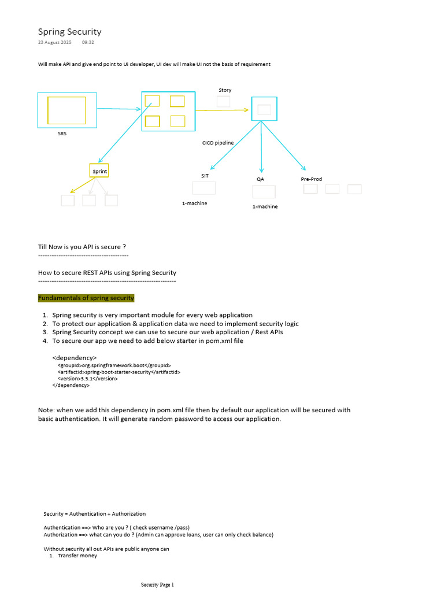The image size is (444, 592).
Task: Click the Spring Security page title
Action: tap(69, 32)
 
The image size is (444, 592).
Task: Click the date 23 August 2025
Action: tap(55, 43)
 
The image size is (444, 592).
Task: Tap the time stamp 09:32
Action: tap(88, 43)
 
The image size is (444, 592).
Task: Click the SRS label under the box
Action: tap(62, 134)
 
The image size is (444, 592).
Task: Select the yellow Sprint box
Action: tap(99, 171)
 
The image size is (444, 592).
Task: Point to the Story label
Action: tap(225, 90)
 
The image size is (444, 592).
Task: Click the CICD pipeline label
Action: tap(218, 142)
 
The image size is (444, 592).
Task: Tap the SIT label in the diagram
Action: tap(205, 176)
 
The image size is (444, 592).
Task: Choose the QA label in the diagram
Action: tap(260, 179)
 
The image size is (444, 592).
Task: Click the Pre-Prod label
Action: tap(312, 179)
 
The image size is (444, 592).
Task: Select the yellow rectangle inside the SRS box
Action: tap(66, 110)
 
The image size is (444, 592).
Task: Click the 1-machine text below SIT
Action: tap(194, 203)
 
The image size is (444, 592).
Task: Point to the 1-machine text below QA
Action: tap(265, 206)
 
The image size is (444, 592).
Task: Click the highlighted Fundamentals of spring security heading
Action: tap(86, 298)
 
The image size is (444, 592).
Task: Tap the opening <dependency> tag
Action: tap(75, 358)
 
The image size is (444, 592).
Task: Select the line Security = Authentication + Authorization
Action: tap(95, 513)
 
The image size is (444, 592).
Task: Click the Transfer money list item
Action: tap(77, 556)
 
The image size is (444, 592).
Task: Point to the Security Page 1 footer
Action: tap(157, 585)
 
